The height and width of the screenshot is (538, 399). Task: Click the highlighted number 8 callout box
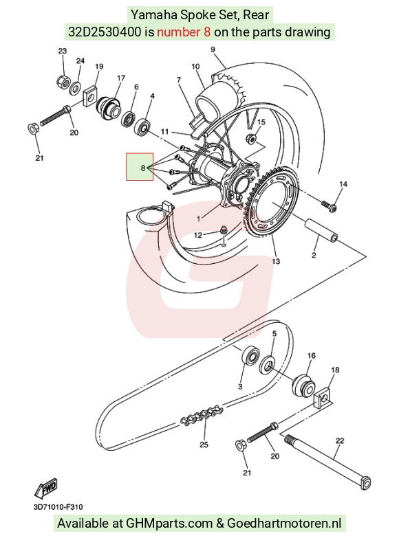click(140, 166)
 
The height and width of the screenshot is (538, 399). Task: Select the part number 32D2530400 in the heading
click(105, 32)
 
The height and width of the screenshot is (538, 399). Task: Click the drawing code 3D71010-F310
click(58, 507)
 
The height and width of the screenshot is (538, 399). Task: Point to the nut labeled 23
click(63, 81)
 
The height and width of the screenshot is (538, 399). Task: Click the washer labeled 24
click(75, 89)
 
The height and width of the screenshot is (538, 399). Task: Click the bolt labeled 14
click(329, 205)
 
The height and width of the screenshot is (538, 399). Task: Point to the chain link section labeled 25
click(202, 416)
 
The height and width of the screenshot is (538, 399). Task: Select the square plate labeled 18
click(322, 398)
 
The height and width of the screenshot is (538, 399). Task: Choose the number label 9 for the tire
click(213, 49)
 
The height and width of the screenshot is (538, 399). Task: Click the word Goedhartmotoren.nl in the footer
click(284, 524)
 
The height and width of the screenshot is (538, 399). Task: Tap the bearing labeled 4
click(143, 126)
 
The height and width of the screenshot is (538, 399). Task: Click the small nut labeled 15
click(251, 138)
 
